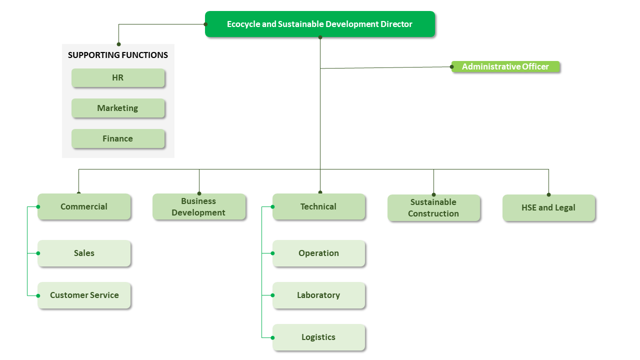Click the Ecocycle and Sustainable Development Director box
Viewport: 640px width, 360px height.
(x=320, y=24)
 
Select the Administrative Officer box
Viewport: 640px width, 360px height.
(x=505, y=67)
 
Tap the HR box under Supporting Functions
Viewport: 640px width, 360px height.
(x=118, y=78)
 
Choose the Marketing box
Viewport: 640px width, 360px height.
(x=118, y=108)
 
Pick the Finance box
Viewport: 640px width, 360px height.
(x=118, y=138)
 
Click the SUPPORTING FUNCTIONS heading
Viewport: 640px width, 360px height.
(x=118, y=55)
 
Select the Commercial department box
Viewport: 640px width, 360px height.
(x=84, y=206)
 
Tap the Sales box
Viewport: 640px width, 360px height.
(x=84, y=253)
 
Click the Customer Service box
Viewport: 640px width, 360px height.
(x=84, y=295)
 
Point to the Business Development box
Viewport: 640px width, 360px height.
(x=199, y=206)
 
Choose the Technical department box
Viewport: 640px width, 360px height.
(x=318, y=206)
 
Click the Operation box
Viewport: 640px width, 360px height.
(x=318, y=253)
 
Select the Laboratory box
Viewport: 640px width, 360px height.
(x=318, y=295)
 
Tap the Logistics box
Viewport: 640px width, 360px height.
(x=318, y=337)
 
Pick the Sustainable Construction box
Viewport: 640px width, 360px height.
(x=433, y=207)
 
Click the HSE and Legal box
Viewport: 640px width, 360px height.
(x=548, y=207)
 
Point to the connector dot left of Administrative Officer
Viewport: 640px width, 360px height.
(x=452, y=66)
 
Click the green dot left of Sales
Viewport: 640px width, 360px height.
(x=38, y=253)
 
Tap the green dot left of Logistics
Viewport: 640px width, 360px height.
(x=273, y=337)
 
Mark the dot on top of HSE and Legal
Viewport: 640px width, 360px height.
(x=548, y=194)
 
